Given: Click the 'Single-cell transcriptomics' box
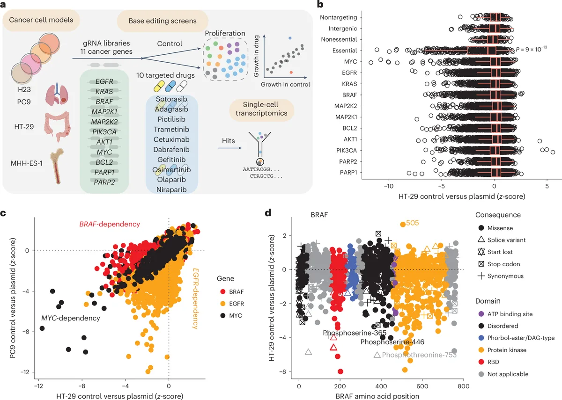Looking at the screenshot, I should click(262, 111).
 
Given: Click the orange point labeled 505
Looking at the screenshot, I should click(403, 225).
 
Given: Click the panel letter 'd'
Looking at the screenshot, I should click(268, 213).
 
